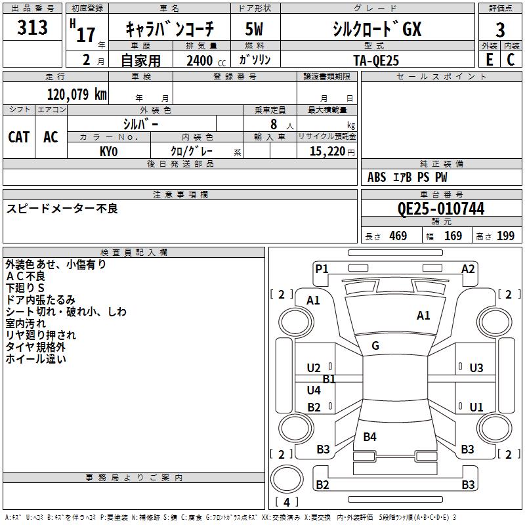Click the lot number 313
pos(32,27)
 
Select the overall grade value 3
pos(500,30)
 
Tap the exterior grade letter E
pos(489,60)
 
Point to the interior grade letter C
pos(511,60)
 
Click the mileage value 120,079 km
pos(77,94)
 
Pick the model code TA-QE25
pos(376,60)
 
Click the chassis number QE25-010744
pos(441,209)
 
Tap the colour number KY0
pos(108,152)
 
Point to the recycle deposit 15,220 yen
pos(332,152)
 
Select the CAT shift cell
pos(19,137)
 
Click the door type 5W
pos(254,29)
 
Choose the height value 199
pos(505,236)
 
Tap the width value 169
pos(453,236)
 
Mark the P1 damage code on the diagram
pos(322,268)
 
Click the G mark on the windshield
pos(375,346)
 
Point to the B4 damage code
pos(369,436)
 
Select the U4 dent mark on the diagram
pos(314,390)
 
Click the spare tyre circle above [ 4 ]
pos(287,479)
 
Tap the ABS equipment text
pos(377,177)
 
